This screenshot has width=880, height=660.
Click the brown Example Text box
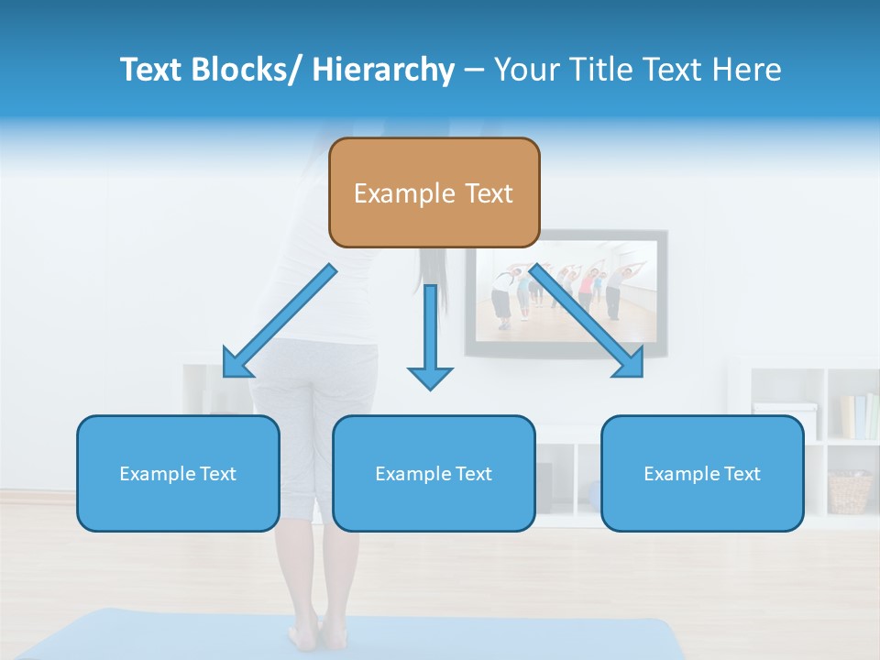pos(434,192)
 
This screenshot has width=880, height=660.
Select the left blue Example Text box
pos(178,473)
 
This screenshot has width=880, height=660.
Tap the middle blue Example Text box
pos(434,473)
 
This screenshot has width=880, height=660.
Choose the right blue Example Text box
pos(702,473)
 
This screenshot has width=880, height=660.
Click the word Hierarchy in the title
pos(383,70)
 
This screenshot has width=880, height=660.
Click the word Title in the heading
pos(596,70)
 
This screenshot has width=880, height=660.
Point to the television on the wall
pos(566,291)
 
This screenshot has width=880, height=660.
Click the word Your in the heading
pos(528,70)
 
